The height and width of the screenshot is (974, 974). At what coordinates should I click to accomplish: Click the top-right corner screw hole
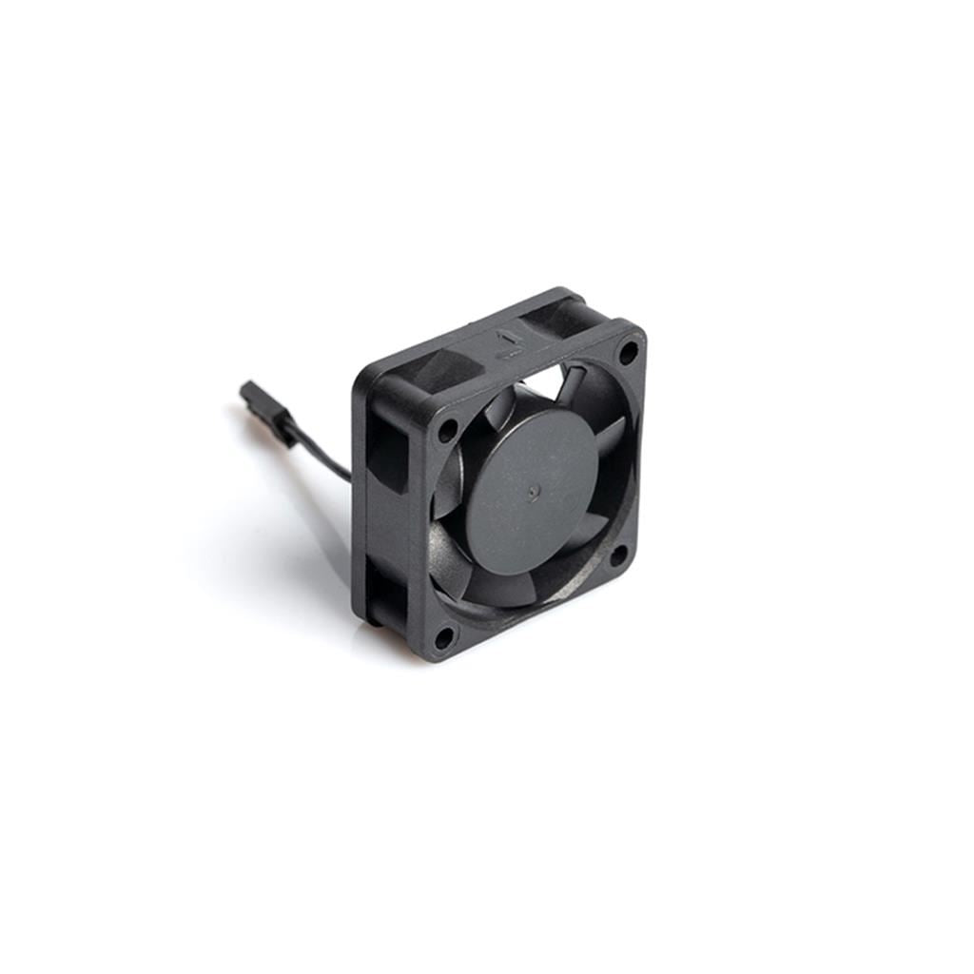click(x=628, y=351)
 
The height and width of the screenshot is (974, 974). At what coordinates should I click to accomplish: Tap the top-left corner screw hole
click(x=446, y=430)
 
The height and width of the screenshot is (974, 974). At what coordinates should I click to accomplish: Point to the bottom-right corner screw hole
click(x=617, y=555)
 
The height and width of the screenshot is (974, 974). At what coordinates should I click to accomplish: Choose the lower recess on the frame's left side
click(x=385, y=590)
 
